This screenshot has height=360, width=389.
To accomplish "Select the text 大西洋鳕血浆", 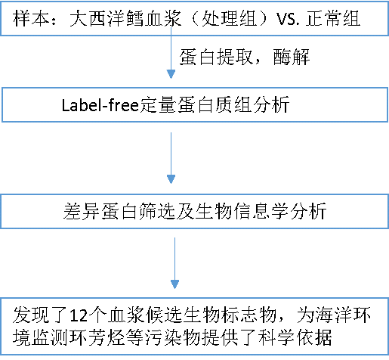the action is (x=125, y=18).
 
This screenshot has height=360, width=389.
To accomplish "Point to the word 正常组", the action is (x=333, y=18).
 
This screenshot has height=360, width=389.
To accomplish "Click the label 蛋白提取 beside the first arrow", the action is (x=216, y=57).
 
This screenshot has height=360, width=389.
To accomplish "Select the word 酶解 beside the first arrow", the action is (x=292, y=57).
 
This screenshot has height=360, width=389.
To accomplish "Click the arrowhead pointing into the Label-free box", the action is (x=171, y=74).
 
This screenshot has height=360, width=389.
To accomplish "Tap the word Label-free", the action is (x=100, y=105).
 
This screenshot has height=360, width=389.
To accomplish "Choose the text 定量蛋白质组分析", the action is (x=215, y=105).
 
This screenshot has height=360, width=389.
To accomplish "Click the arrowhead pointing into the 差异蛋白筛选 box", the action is (x=171, y=179).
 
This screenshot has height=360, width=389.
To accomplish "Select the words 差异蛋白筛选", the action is (x=119, y=211).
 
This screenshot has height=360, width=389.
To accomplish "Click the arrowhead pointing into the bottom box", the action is (x=174, y=284).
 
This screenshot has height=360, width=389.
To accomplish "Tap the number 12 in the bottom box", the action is (x=79, y=315).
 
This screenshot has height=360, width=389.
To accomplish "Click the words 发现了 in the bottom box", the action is (x=40, y=315).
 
